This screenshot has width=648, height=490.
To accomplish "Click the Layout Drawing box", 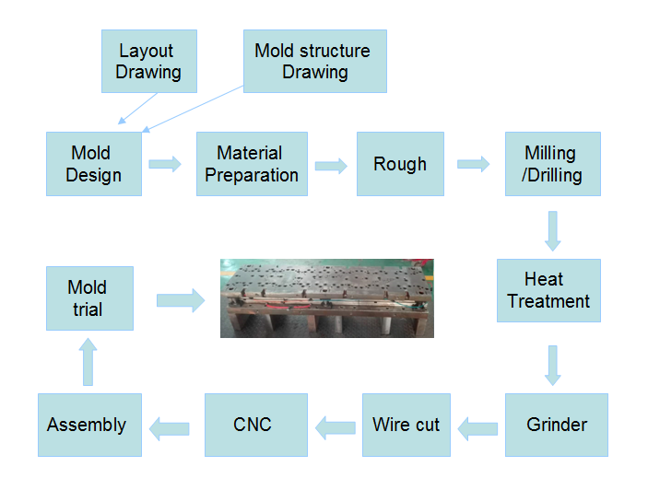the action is pyautogui.click(x=149, y=61).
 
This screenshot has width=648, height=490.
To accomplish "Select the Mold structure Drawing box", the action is pyautogui.click(x=315, y=61).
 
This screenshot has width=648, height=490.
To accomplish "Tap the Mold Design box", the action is pyautogui.click(x=94, y=164).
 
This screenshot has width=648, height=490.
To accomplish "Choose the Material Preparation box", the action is pyautogui.click(x=252, y=164).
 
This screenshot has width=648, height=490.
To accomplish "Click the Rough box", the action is pyautogui.click(x=400, y=164).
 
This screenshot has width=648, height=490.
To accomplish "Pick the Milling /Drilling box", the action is pyautogui.click(x=553, y=164).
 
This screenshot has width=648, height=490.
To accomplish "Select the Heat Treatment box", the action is pyautogui.click(x=548, y=291).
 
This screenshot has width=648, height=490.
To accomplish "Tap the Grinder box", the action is pyautogui.click(x=557, y=425).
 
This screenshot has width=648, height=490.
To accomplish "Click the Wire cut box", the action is pyautogui.click(x=406, y=425).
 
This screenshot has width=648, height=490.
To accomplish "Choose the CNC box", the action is pyautogui.click(x=256, y=425).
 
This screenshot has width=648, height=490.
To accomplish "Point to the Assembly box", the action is pyautogui.click(x=89, y=425).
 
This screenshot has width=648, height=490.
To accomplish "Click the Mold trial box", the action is pyautogui.click(x=89, y=298).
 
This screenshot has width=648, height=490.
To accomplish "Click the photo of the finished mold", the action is pyautogui.click(x=327, y=298).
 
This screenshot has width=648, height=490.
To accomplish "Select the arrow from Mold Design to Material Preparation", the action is pyautogui.click(x=165, y=164).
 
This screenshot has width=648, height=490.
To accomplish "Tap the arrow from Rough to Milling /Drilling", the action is pyautogui.click(x=473, y=164).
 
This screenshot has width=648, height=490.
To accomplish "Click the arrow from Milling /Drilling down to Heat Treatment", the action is pyautogui.click(x=553, y=231).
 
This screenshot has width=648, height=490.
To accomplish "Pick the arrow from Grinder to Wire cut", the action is pyautogui.click(x=477, y=429).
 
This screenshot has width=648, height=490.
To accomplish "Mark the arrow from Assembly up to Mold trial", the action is pyautogui.click(x=88, y=362).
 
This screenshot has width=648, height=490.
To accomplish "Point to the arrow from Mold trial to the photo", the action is pyautogui.click(x=181, y=300).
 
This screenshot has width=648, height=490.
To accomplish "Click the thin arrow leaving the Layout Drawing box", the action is pyautogui.click(x=137, y=108).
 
